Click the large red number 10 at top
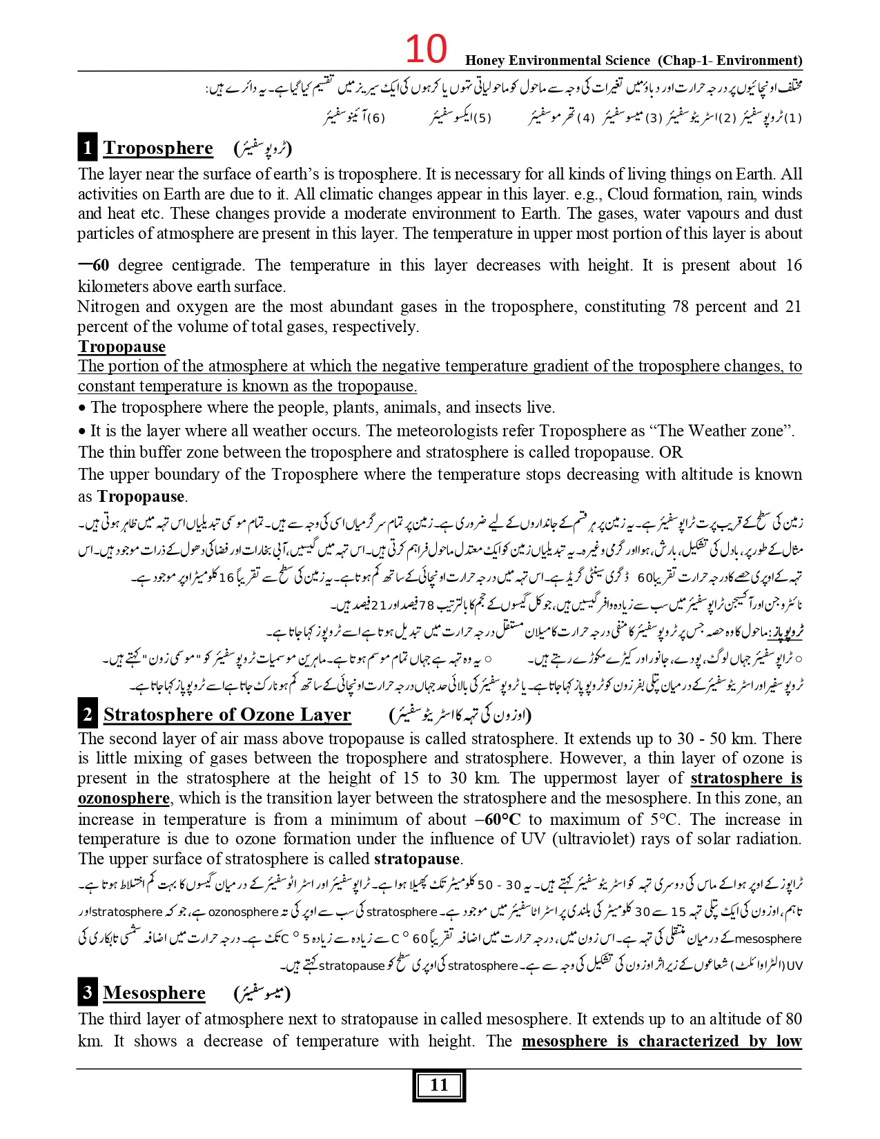425,49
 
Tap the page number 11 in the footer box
439,1086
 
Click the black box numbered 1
87,148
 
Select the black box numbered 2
88,714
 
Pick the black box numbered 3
87,993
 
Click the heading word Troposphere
158,148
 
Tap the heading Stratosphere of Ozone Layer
227,714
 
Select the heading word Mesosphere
154,993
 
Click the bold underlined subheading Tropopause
121,347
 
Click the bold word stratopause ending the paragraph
416,859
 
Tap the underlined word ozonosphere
124,799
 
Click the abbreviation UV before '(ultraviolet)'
542,839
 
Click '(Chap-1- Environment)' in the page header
730,61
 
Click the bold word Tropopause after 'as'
141,496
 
